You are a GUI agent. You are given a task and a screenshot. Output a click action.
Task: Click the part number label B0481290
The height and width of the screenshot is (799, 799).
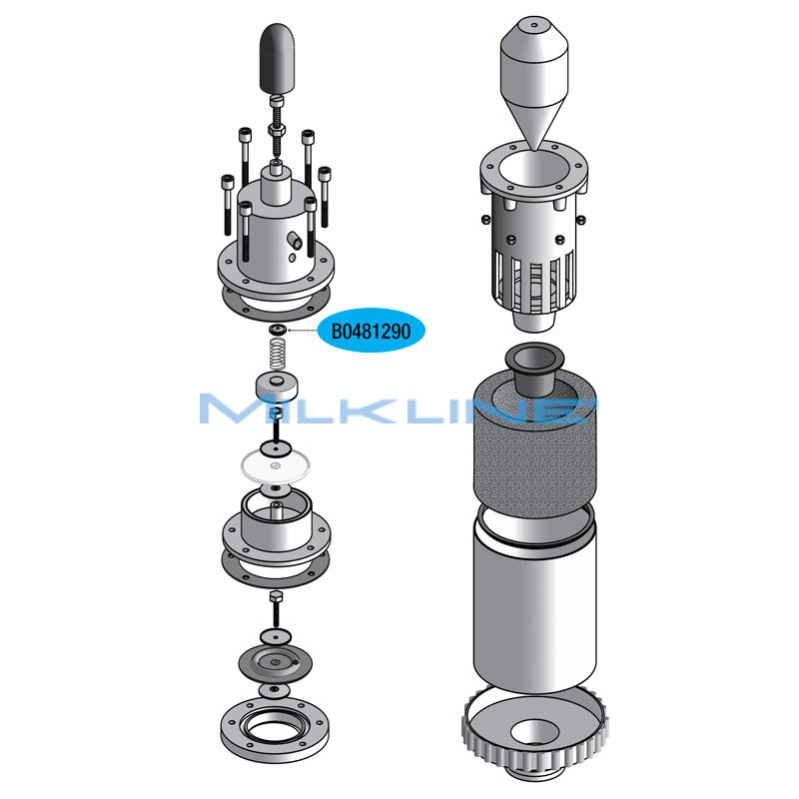click(371, 331)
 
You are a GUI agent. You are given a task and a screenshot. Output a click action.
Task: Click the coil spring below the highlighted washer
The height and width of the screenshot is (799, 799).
click(279, 354)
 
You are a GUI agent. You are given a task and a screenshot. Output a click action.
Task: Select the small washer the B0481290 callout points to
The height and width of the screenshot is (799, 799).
click(277, 330)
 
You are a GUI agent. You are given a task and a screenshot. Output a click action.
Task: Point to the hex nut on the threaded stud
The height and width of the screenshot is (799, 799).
click(277, 130)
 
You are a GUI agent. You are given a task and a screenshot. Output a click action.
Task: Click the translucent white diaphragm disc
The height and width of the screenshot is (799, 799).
click(276, 462)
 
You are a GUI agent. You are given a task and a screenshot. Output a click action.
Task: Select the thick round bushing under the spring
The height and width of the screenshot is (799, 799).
click(276, 385)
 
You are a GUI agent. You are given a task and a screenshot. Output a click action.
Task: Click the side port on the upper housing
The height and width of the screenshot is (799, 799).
click(297, 240)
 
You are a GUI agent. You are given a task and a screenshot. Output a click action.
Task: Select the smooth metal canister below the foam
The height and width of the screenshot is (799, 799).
click(533, 599)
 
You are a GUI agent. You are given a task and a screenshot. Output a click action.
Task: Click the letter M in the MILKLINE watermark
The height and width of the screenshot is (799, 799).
click(232, 408)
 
